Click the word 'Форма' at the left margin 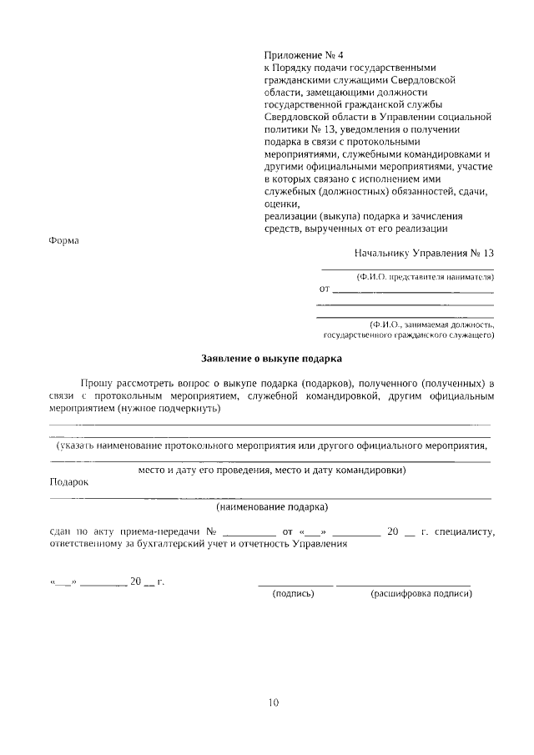pyautogui.click(x=63, y=241)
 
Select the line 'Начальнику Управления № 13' pyautogui.click(x=424, y=253)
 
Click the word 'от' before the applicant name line pyautogui.click(x=325, y=290)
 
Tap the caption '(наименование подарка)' pyautogui.click(x=272, y=507)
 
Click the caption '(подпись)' pyautogui.click(x=294, y=594)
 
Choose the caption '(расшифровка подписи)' pyautogui.click(x=421, y=594)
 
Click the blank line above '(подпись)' pyautogui.click(x=295, y=583)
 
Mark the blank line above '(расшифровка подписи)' pyautogui.click(x=404, y=583)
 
